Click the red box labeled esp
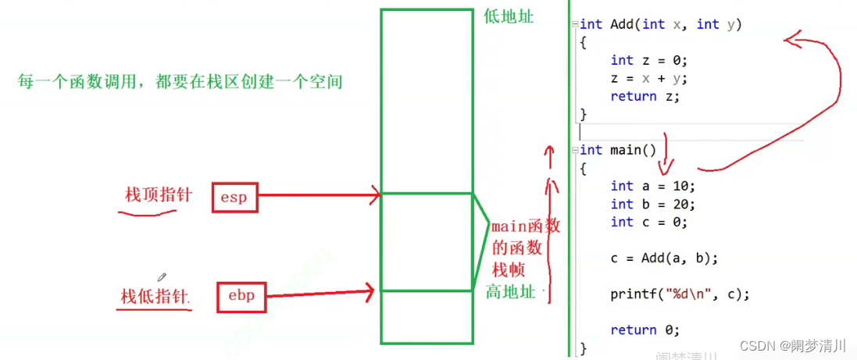click(234, 198)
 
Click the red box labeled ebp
click(241, 295)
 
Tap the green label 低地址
click(509, 16)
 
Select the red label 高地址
click(511, 292)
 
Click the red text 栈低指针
click(155, 297)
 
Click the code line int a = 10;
click(652, 186)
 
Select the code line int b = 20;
click(652, 204)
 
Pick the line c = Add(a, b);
click(664, 258)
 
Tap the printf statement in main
click(680, 294)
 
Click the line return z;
click(645, 96)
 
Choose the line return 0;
click(645, 330)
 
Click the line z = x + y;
click(648, 78)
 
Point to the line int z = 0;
click(648, 60)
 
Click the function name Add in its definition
click(622, 24)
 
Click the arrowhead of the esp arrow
click(376, 194)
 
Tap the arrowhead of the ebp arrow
click(368, 292)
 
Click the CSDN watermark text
click(792, 345)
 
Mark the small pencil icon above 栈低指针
click(162, 276)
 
